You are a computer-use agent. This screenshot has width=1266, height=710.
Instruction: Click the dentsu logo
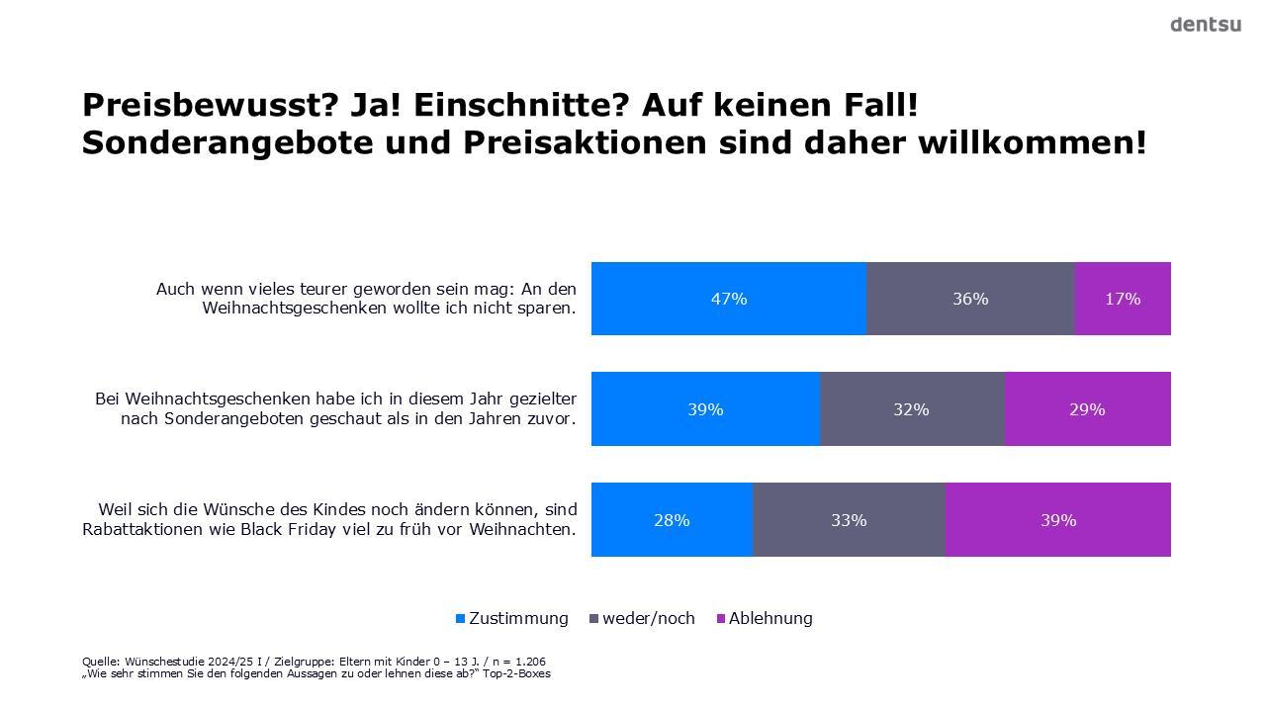(1205, 25)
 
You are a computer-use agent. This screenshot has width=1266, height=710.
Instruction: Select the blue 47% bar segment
(729, 299)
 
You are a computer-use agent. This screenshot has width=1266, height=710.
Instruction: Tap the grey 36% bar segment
(970, 299)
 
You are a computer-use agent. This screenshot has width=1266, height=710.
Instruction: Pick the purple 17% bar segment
(1123, 299)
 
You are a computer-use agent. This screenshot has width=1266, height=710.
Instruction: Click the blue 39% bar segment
(705, 409)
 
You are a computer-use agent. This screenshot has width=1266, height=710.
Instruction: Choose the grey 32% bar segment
(911, 409)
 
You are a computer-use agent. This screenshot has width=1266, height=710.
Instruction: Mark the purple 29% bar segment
(1087, 409)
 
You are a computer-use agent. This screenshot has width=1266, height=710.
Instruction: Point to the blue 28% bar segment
(672, 520)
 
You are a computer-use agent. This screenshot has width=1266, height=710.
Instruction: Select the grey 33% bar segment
(849, 520)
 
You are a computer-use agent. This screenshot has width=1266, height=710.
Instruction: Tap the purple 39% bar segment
(1057, 520)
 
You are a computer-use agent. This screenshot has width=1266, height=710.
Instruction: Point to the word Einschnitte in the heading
(520, 105)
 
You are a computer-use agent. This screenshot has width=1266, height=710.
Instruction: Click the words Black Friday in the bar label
(419, 529)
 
